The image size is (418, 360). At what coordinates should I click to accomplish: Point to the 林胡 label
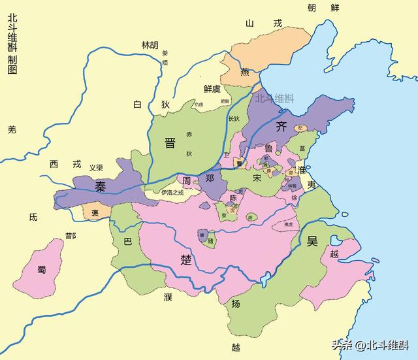[150, 45]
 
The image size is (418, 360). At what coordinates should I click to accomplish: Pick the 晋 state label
[170, 143]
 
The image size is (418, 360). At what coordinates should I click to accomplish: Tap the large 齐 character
[282, 126]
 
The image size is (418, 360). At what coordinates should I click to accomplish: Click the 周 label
[187, 180]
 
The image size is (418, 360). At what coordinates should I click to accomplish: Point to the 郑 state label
[210, 178]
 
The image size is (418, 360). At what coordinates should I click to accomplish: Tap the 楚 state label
[186, 259]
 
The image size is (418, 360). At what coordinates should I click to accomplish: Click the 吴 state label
[312, 241]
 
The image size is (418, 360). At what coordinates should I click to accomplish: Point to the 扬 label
[236, 304]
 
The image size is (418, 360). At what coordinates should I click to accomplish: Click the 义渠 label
[96, 167]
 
